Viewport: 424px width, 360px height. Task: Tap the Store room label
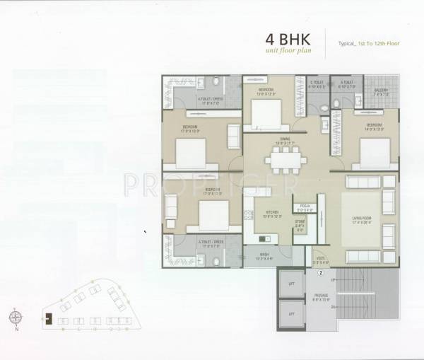(x=300, y=226)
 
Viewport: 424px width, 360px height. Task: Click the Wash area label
(x=264, y=255)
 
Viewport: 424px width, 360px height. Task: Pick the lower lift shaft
(x=291, y=312)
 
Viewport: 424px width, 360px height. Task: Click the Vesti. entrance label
(x=320, y=260)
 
